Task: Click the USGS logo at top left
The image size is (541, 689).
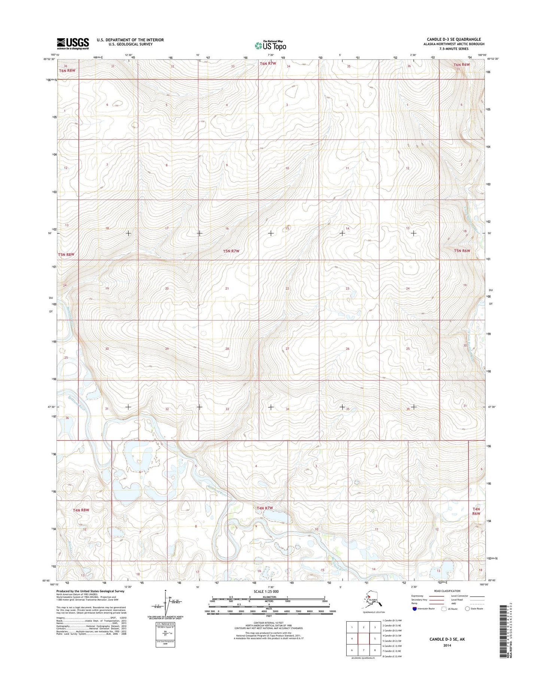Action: (73, 43)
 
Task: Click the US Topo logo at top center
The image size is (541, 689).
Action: (270, 45)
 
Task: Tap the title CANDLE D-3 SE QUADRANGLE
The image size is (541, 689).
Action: (454, 39)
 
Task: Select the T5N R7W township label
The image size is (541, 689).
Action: (231, 251)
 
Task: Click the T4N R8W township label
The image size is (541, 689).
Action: (81, 510)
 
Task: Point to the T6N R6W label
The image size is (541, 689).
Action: (462, 65)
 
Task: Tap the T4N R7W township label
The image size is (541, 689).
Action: (265, 508)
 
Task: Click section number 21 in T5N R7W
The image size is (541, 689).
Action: (227, 288)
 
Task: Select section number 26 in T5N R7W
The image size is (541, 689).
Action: (347, 349)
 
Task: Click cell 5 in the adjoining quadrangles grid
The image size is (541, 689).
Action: (375, 639)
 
